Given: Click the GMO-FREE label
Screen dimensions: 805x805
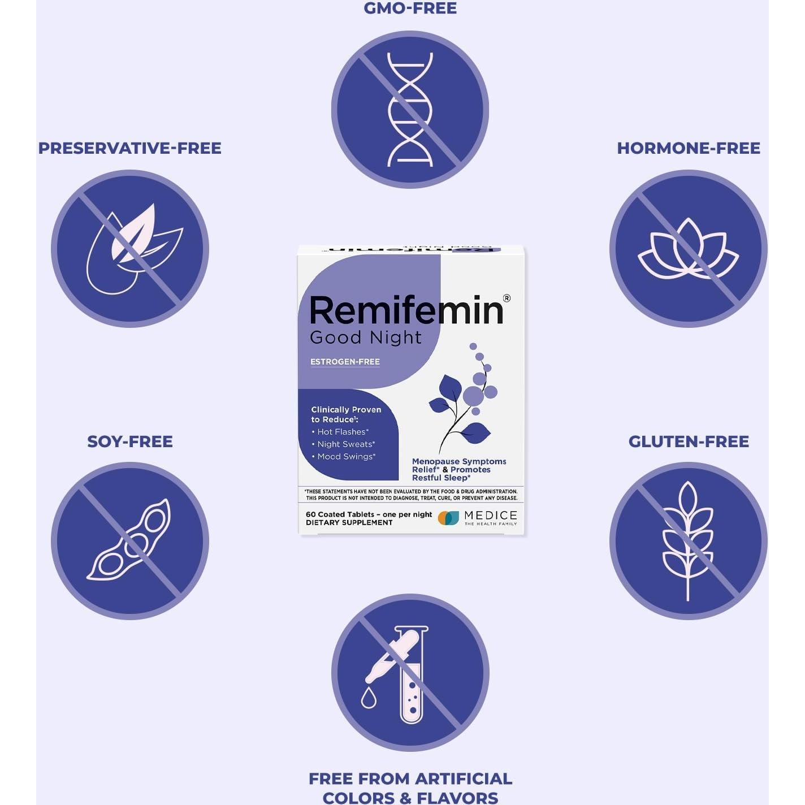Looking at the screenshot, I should pyautogui.click(x=410, y=8).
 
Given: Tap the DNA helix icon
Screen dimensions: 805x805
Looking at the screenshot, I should pyautogui.click(x=410, y=110).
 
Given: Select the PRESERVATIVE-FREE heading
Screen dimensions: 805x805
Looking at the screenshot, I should pyautogui.click(x=129, y=148).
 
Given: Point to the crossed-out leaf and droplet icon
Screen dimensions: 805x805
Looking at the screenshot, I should pyautogui.click(x=130, y=249).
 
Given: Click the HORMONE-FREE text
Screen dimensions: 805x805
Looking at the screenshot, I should pyautogui.click(x=688, y=148).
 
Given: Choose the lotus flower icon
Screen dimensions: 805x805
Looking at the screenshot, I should pyautogui.click(x=688, y=249).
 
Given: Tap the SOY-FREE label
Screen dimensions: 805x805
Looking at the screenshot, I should pyautogui.click(x=129, y=442).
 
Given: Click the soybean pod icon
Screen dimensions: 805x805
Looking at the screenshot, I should pyautogui.click(x=130, y=541).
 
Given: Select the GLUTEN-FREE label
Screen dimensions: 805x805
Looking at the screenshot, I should pyautogui.click(x=688, y=442).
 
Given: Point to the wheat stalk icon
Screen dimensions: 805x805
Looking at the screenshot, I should pyautogui.click(x=687, y=541).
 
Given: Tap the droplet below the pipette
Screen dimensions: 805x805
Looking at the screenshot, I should pyautogui.click(x=369, y=698).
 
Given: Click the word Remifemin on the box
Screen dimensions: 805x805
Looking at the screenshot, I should pyautogui.click(x=406, y=310).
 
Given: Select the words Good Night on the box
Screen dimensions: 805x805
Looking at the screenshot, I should pyautogui.click(x=365, y=337).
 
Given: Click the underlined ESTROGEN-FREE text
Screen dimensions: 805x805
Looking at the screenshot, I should pyautogui.click(x=345, y=362).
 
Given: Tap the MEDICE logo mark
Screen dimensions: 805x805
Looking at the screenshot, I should pyautogui.click(x=449, y=518).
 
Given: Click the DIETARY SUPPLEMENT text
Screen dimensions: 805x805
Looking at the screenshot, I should pyautogui.click(x=349, y=523).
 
